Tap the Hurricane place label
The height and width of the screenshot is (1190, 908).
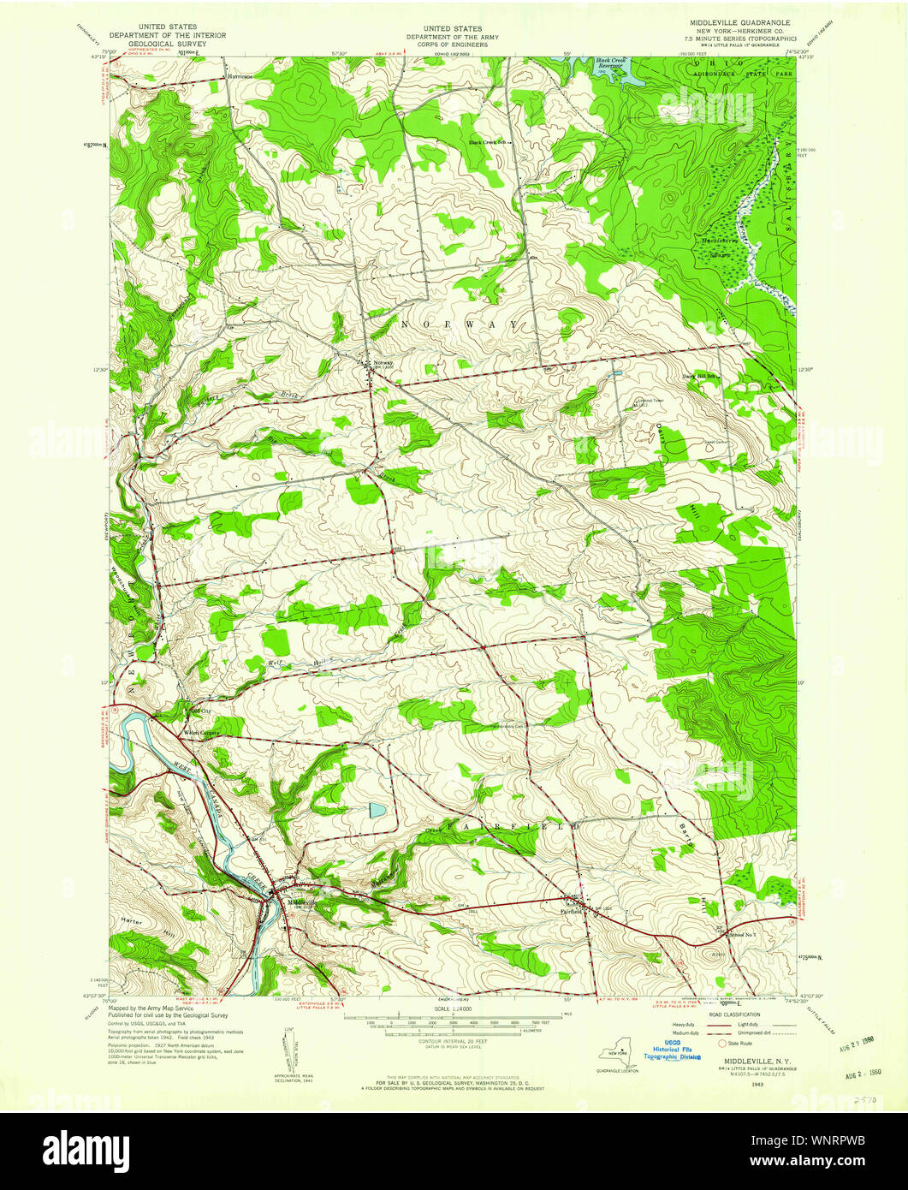coord(240,76)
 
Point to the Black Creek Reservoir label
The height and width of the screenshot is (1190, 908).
coord(613,65)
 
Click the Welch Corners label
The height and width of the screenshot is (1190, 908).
coord(201,733)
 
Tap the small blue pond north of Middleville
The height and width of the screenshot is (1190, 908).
coord(377,809)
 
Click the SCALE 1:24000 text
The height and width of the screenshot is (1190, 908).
coord(454,1009)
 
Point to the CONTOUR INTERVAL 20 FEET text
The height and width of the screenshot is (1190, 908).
coord(454,1043)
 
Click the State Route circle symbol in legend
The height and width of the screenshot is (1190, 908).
coord(721,1044)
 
